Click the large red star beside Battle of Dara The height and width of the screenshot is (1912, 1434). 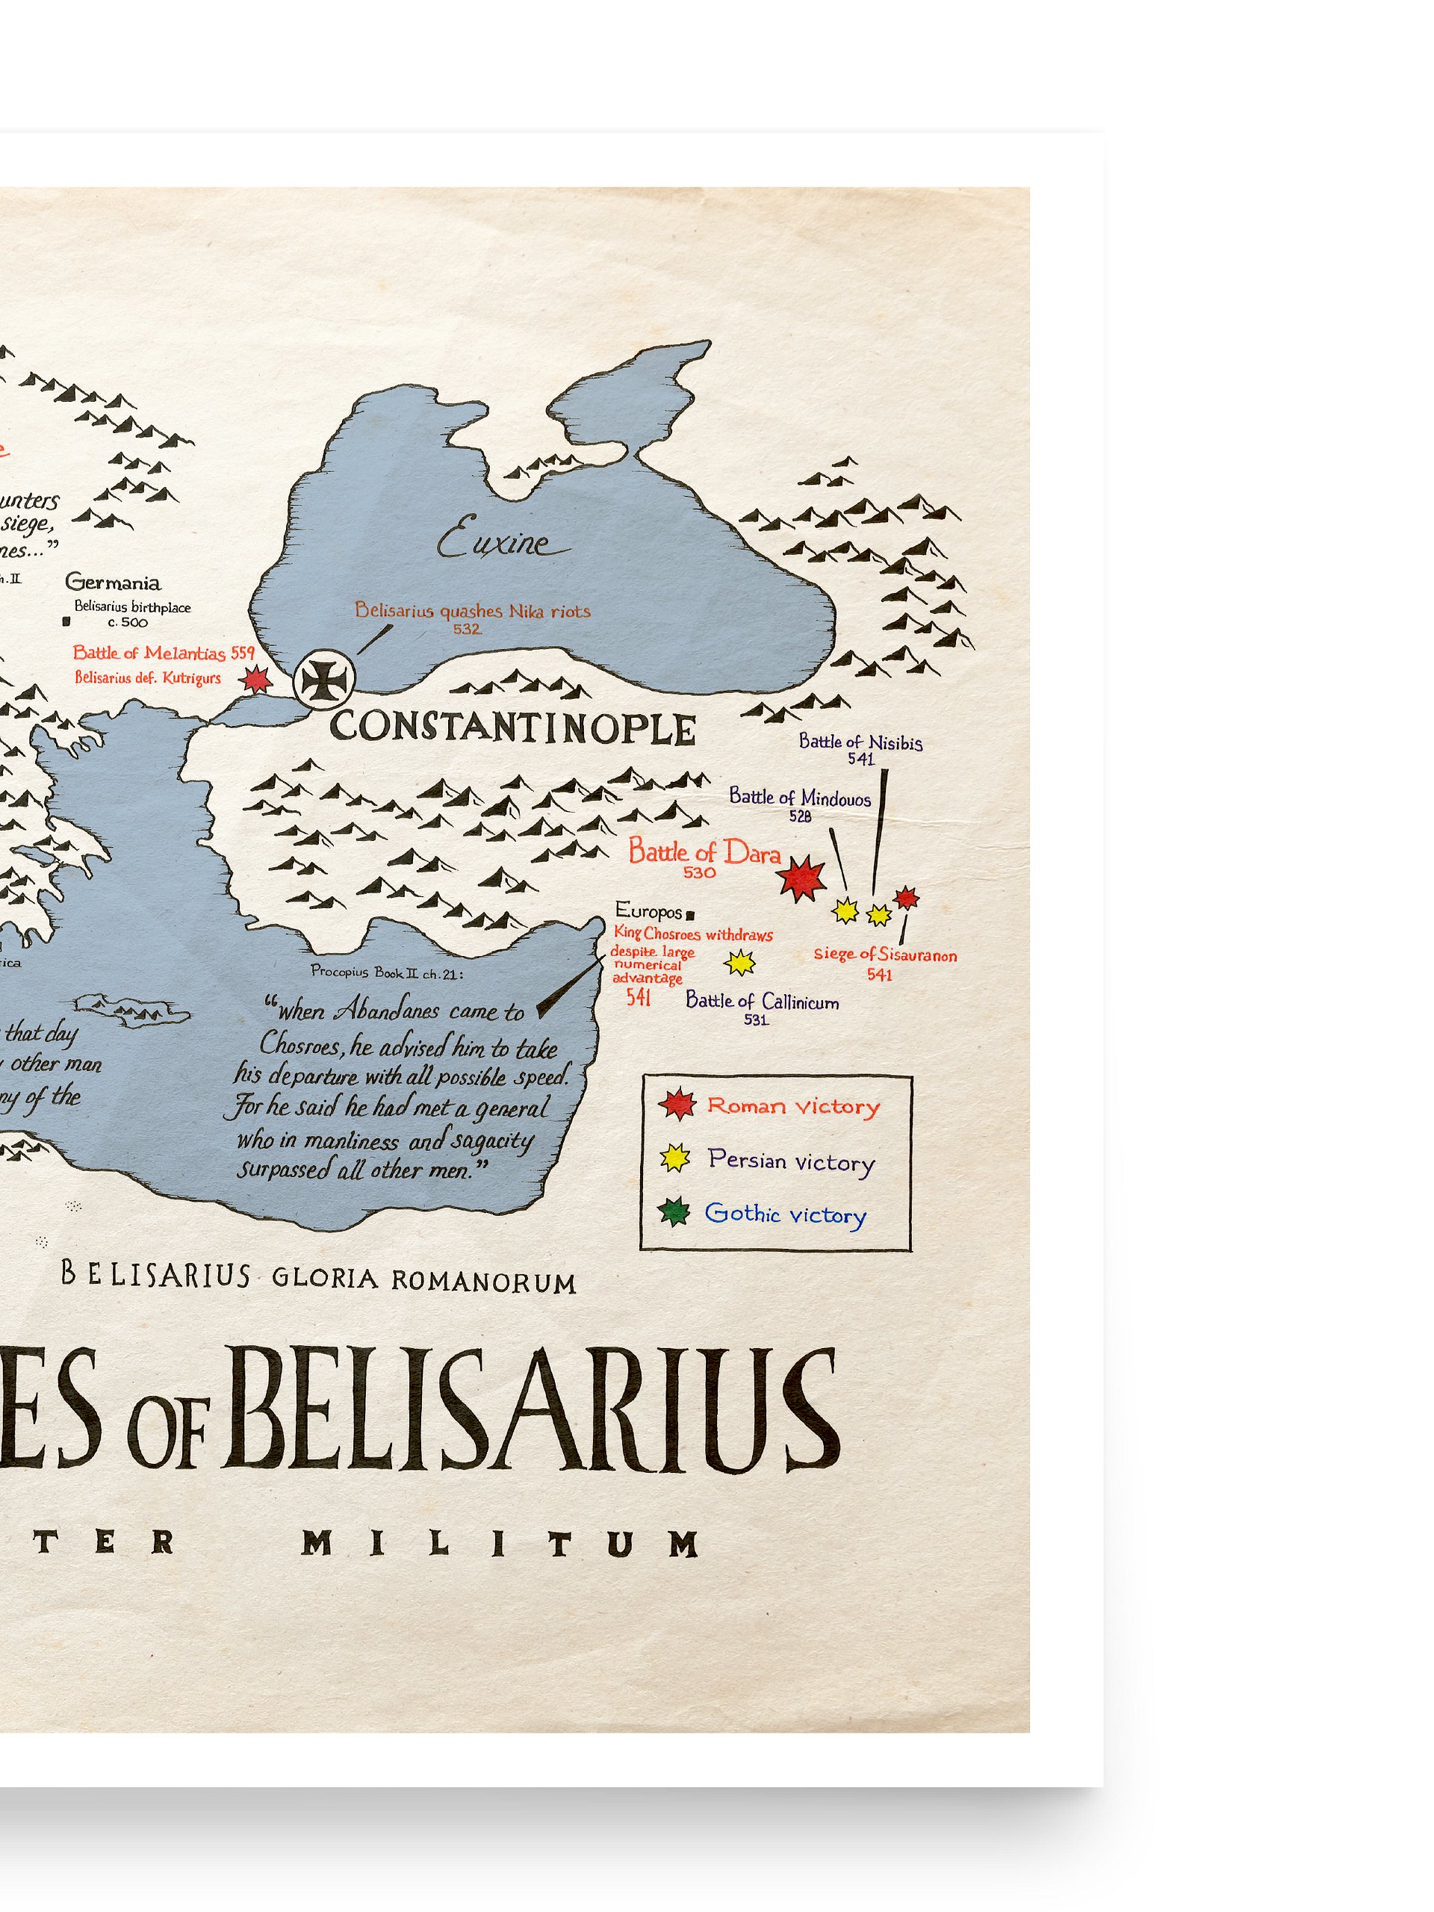801,878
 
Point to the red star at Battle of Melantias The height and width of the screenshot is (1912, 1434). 256,680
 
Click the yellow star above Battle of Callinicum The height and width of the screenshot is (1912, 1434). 739,962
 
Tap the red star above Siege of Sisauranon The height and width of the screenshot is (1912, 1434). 906,898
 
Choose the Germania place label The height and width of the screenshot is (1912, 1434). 112,583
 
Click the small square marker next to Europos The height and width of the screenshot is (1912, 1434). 689,913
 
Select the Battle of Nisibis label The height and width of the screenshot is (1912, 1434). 860,742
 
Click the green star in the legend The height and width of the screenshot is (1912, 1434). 674,1212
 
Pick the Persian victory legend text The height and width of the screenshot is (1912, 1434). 791,1160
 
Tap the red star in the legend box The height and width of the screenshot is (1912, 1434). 677,1104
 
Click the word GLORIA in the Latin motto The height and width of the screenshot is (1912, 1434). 325,1279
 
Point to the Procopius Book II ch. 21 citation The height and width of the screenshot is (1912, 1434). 386,972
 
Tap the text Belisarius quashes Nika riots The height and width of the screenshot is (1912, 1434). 472,611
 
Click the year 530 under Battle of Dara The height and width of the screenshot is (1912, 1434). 699,873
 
